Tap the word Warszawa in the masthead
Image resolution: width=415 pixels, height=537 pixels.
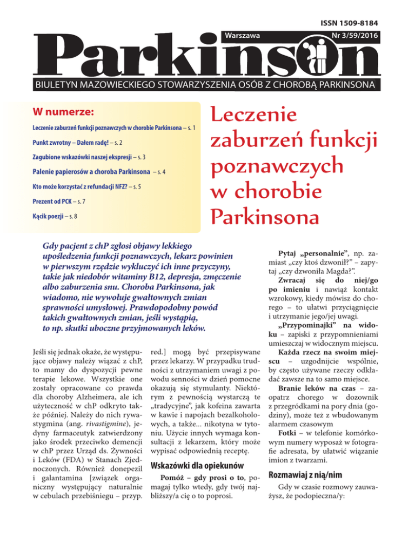241,36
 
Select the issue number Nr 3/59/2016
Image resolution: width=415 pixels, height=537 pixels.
346,36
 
